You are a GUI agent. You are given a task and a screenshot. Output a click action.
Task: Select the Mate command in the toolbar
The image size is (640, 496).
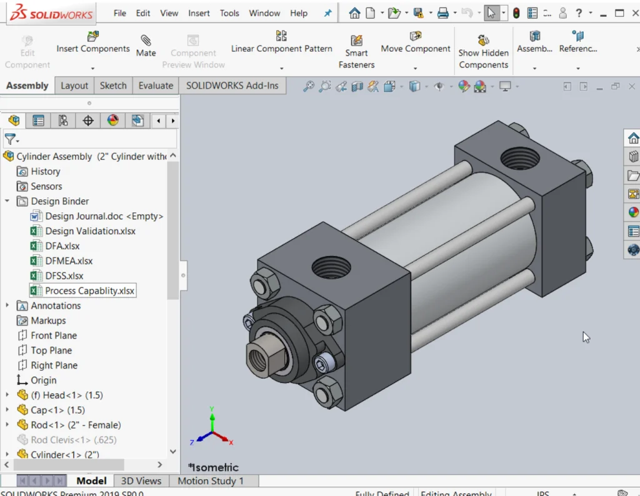pos(146,46)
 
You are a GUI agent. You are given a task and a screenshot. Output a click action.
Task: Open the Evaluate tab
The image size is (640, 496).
pos(156,86)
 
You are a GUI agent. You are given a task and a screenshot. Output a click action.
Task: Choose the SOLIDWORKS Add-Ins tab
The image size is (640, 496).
pos(232,86)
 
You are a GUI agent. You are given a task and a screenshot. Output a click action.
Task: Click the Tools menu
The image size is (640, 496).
pos(229,13)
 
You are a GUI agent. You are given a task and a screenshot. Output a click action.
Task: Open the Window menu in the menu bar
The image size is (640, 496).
pos(264,13)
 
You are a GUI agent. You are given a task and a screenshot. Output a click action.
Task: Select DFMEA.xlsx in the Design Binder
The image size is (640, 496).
pos(69,261)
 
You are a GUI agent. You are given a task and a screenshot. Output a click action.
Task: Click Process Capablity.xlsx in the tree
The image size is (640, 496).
pos(89,291)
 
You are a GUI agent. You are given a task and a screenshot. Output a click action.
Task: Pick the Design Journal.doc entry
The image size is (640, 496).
pos(103,216)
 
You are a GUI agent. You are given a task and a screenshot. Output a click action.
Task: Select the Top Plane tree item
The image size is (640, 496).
pos(51,350)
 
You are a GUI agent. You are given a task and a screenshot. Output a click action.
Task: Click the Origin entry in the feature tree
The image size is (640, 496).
pos(44,380)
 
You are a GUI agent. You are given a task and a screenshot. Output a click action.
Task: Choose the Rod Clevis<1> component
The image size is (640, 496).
pos(73,440)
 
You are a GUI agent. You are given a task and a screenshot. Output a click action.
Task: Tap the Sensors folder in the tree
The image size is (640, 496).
pos(46,186)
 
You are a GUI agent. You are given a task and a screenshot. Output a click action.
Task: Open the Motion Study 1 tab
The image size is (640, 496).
pos(211,481)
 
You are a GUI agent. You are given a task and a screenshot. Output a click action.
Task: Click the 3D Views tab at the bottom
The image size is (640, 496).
pos(141,481)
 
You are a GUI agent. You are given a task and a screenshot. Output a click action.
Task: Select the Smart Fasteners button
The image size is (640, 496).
pos(356,52)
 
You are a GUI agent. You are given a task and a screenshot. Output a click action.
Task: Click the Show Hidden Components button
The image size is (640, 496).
pos(483,52)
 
